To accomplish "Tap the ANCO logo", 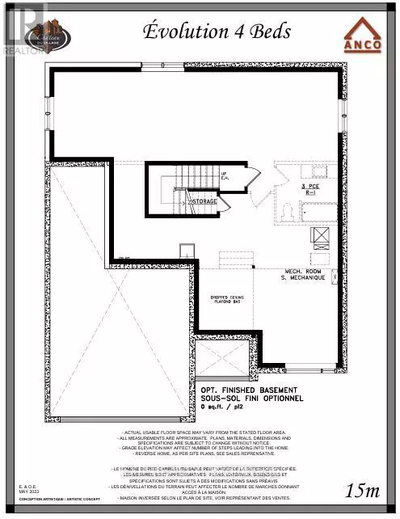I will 363,36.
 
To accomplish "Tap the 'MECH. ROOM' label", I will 305,271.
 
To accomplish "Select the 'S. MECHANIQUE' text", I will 305,278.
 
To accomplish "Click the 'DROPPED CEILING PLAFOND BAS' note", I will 227,298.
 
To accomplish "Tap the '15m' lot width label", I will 362,490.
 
